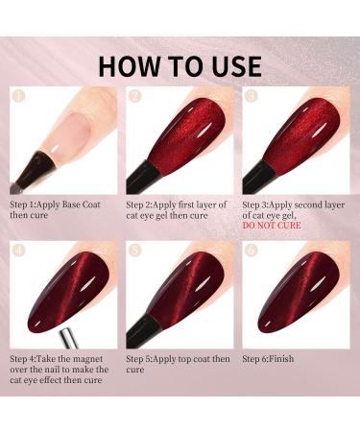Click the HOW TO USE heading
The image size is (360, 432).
point(180,65)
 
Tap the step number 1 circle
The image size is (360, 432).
point(16,96)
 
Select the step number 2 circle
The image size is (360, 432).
point(133,96)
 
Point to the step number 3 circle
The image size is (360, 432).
point(252,96)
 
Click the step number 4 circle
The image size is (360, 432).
point(16,251)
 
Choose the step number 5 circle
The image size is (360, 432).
point(133,251)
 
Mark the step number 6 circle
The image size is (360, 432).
point(252,251)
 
